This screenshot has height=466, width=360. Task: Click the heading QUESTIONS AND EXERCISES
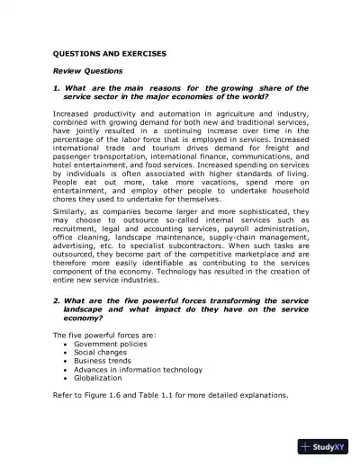(x=110, y=53)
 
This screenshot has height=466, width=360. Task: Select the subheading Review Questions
(x=86, y=70)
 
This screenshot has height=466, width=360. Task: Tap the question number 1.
(x=56, y=88)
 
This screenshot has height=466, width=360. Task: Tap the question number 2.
(x=56, y=300)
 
